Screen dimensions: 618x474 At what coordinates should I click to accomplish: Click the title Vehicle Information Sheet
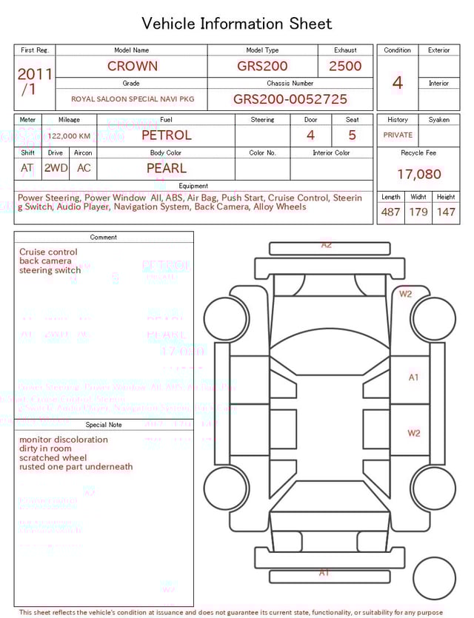click(237, 24)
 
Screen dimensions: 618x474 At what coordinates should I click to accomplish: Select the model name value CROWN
click(133, 66)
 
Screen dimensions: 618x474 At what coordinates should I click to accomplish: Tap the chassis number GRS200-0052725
click(290, 99)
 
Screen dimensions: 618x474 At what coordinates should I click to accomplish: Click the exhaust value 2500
click(345, 66)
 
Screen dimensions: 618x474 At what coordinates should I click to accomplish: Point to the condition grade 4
click(398, 83)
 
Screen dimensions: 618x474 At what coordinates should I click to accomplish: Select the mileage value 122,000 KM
click(70, 136)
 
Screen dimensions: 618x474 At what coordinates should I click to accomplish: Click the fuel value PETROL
click(167, 135)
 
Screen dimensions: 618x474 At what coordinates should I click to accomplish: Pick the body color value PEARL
click(167, 168)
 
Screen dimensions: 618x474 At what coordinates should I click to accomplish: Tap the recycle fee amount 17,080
click(418, 175)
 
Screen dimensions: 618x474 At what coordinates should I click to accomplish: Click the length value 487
click(390, 212)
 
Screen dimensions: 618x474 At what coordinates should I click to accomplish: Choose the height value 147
click(446, 212)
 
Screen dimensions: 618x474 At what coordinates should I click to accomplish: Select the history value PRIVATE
click(398, 135)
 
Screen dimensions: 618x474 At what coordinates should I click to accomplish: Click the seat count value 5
click(353, 135)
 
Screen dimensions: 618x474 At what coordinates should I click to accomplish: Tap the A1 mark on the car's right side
click(414, 377)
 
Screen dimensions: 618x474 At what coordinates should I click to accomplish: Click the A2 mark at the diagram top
click(326, 245)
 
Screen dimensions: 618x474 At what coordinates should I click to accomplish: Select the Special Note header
click(104, 425)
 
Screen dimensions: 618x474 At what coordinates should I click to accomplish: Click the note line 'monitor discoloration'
click(64, 440)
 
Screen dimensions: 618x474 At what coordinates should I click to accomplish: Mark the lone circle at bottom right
click(434, 578)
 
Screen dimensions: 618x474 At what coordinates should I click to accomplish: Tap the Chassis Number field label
click(290, 84)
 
